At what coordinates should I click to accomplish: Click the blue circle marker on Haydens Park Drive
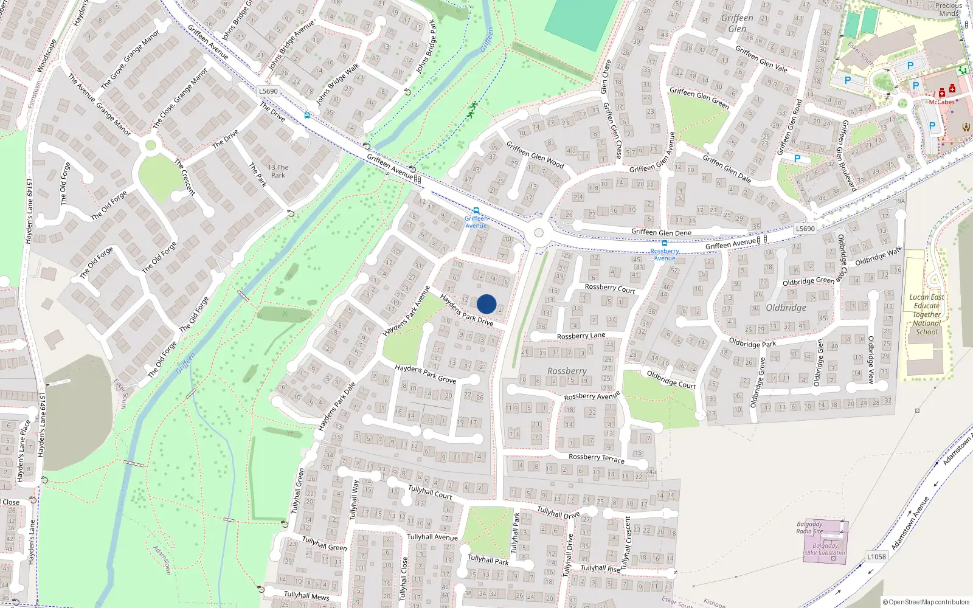[486, 304]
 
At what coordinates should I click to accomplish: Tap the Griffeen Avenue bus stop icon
[476, 211]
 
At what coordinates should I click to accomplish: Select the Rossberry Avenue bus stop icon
[664, 243]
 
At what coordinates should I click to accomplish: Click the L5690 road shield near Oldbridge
[805, 229]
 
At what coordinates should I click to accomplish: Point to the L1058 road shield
[876, 556]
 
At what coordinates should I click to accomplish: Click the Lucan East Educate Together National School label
[927, 315]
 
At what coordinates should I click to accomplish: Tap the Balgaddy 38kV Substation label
[825, 550]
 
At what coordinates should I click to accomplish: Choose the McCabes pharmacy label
[941, 102]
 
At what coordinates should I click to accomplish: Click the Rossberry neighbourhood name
[567, 371]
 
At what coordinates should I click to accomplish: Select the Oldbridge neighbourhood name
[786, 308]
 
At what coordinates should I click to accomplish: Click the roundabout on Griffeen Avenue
[538, 233]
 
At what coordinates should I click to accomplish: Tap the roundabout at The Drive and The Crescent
[150, 145]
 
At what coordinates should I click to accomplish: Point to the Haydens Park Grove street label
[425, 374]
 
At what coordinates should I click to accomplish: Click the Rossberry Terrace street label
[596, 458]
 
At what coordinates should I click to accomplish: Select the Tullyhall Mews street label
[306, 595]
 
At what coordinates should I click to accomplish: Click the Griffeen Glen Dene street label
[661, 232]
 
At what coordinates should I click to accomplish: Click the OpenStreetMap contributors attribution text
[926, 602]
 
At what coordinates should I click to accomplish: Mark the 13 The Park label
[278, 171]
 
